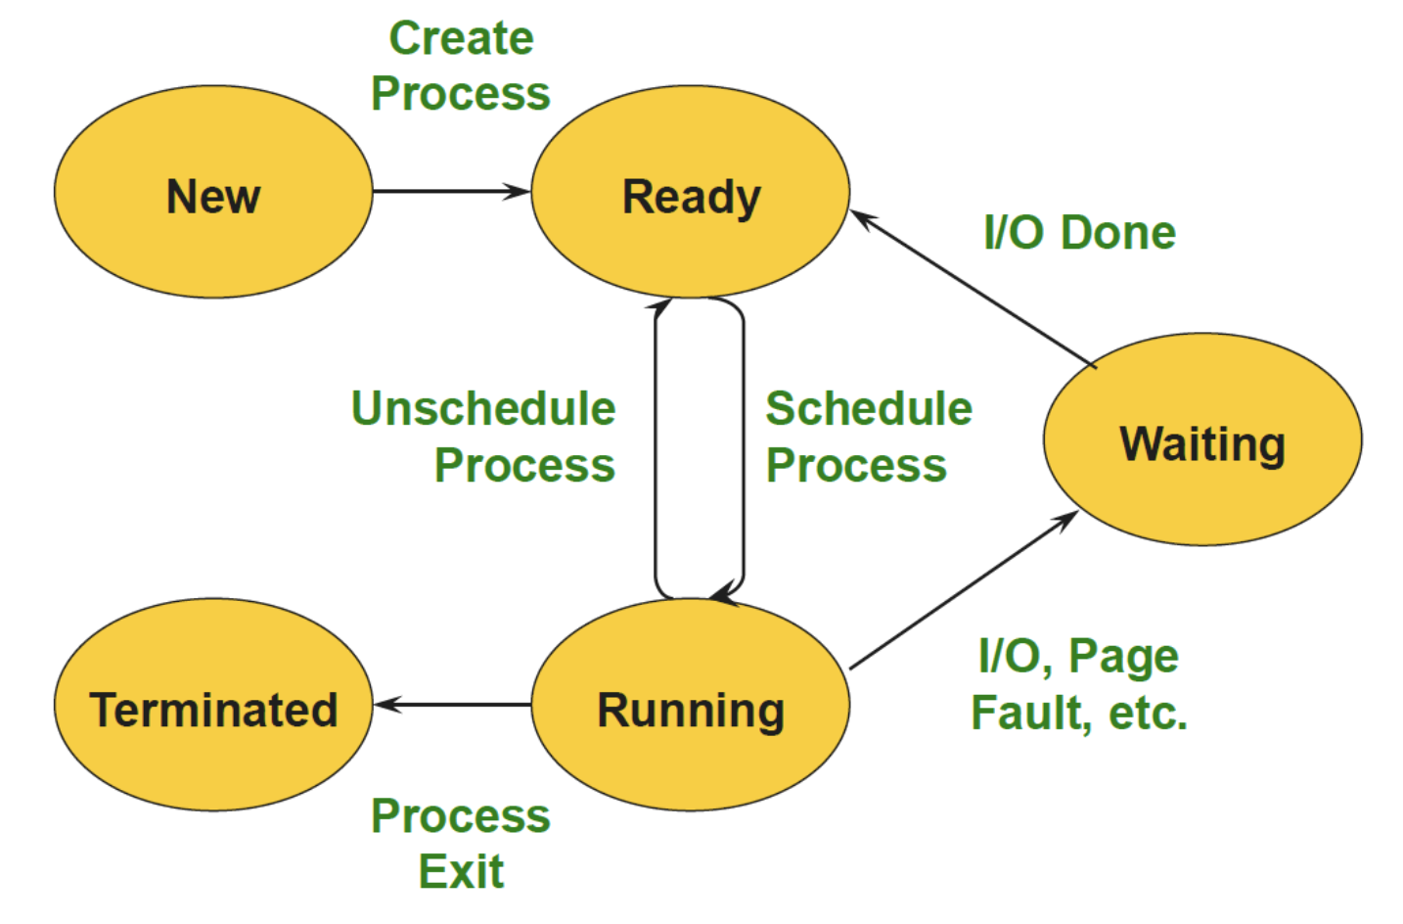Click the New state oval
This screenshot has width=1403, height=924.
213,192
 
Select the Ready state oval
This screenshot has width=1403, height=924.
691,192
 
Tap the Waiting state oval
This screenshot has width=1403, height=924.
1202,439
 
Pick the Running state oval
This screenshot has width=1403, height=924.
691,705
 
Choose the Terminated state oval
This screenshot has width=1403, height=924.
213,705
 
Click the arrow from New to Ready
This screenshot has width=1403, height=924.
450,192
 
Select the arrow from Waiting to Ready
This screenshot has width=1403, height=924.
973,289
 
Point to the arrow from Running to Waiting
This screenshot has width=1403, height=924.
964,590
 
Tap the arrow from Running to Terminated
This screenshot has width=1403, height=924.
452,705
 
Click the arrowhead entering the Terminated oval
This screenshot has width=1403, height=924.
385,705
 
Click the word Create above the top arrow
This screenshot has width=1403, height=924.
461,39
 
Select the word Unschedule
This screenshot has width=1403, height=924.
483,409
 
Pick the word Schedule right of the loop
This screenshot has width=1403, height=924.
869,409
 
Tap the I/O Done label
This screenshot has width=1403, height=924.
1079,233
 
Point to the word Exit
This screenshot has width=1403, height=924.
461,871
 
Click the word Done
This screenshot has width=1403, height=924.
1118,233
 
